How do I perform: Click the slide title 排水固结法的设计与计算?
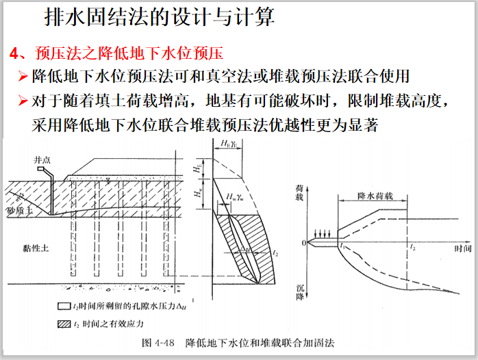[x=159, y=16]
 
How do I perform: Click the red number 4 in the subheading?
[x=14, y=53]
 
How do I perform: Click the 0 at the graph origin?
[x=303, y=243]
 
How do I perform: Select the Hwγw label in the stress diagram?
[x=236, y=196]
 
